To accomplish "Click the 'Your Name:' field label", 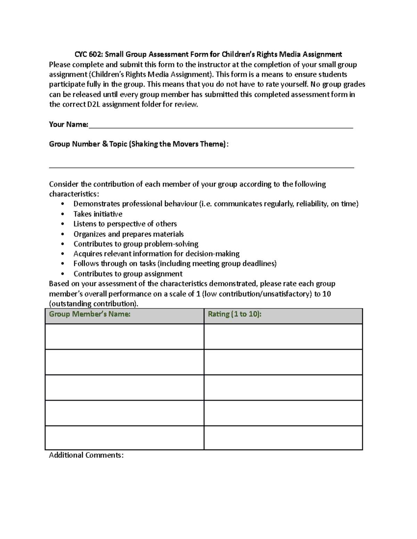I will pyautogui.click(x=68, y=124).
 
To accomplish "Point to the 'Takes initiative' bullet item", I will pyautogui.click(x=98, y=214).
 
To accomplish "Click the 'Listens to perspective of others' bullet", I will pyautogui.click(x=125, y=224).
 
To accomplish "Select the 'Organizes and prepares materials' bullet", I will pyautogui.click(x=129, y=234).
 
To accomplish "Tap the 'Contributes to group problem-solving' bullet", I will pyautogui.click(x=136, y=244).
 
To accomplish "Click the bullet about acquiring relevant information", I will pyautogui.click(x=156, y=254).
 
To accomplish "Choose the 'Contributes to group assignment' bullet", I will pyautogui.click(x=128, y=274).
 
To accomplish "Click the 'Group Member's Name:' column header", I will pyautogui.click(x=90, y=314).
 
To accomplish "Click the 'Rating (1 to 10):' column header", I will pyautogui.click(x=235, y=314).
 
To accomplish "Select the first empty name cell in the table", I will pyautogui.click(x=124, y=337).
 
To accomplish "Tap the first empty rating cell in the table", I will pyautogui.click(x=283, y=337).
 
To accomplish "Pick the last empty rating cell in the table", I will pyautogui.click(x=283, y=438).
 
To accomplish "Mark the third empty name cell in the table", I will pyautogui.click(x=124, y=387).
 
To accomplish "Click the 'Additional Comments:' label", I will pyautogui.click(x=86, y=455).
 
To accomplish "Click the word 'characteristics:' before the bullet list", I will pyautogui.click(x=74, y=194).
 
